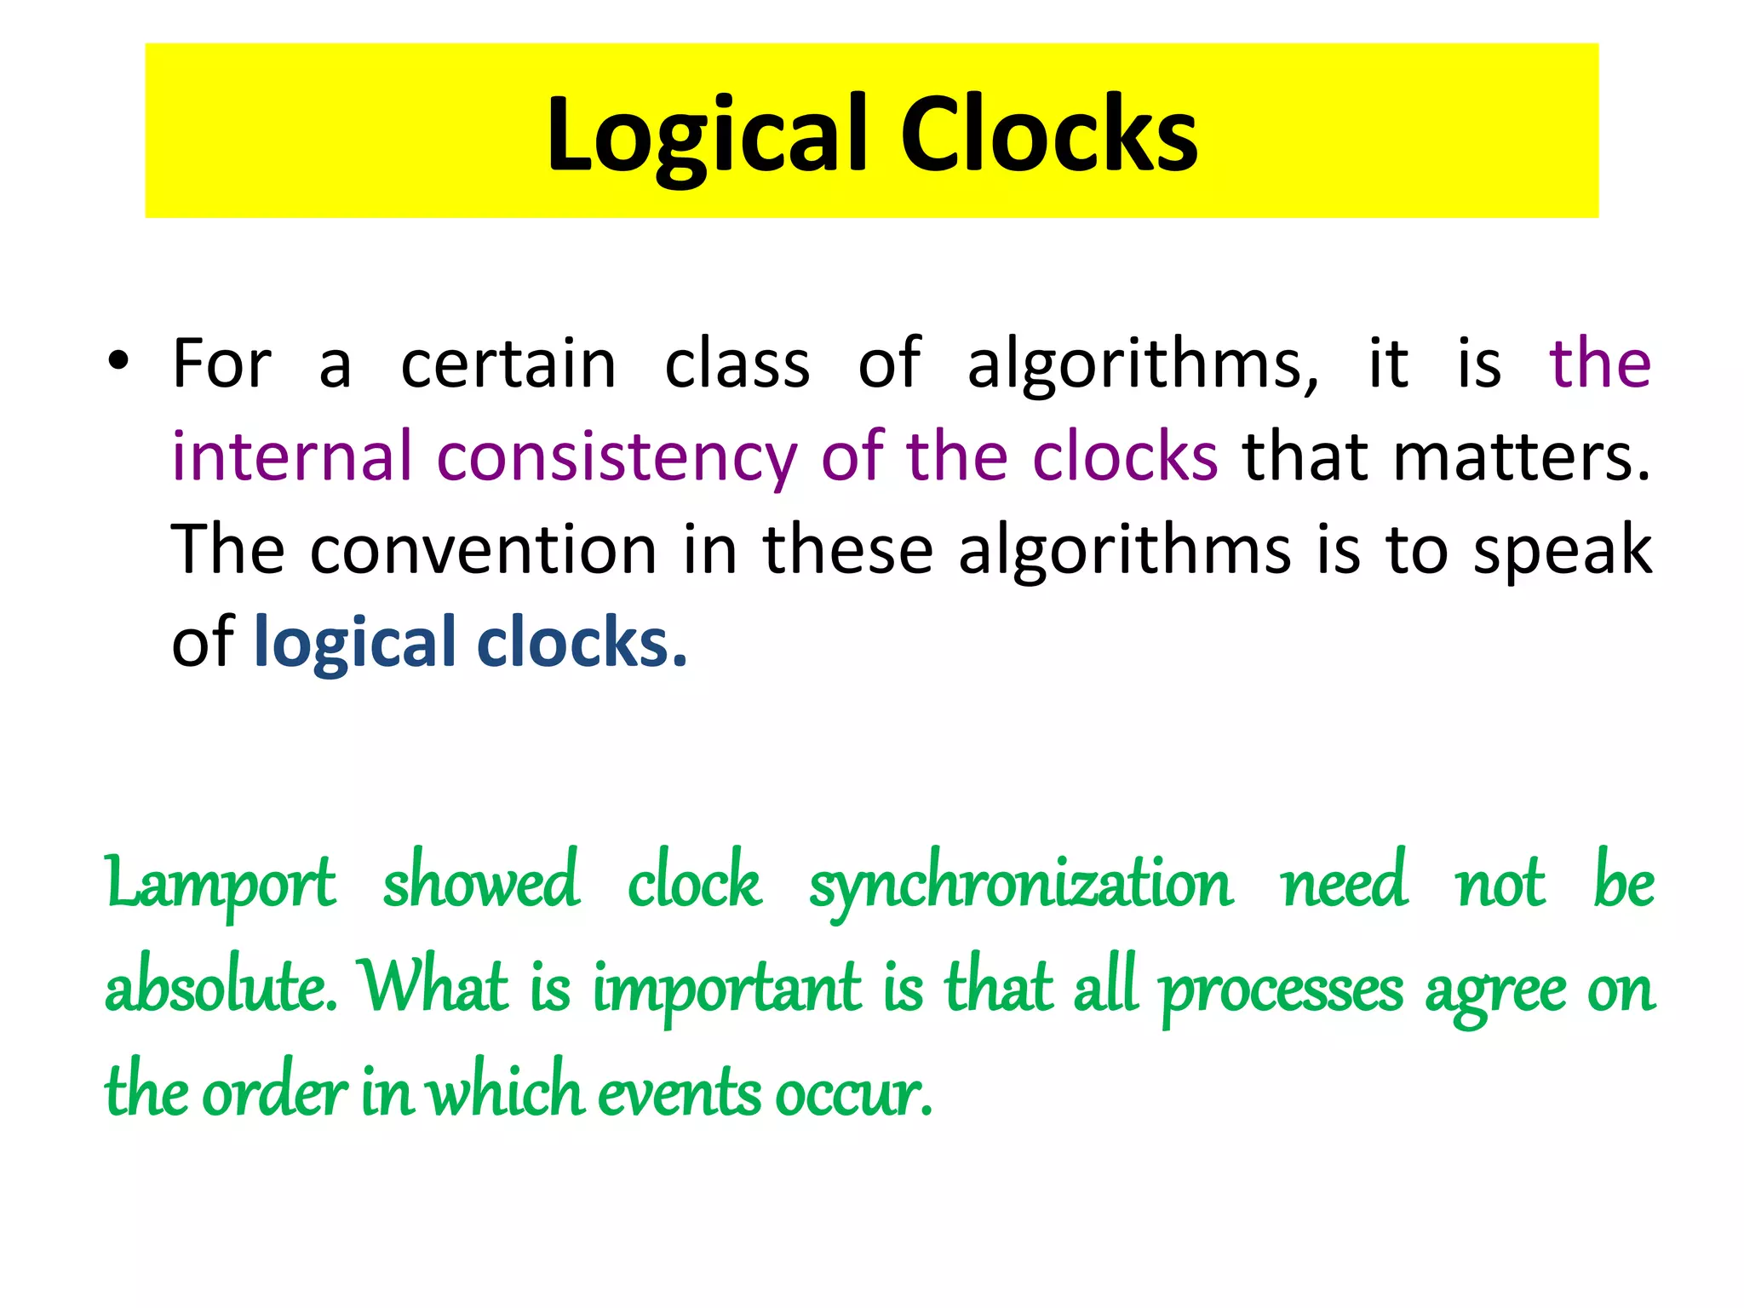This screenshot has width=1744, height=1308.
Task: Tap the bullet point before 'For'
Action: pos(118,361)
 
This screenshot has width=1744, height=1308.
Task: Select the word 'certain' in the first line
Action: pos(508,364)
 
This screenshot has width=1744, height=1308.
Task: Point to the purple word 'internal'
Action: pos(292,456)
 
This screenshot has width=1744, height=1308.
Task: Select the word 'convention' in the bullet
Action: pos(484,550)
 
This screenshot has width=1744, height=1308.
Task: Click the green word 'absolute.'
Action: pos(221,988)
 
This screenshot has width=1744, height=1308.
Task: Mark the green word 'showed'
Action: pos(481,882)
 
